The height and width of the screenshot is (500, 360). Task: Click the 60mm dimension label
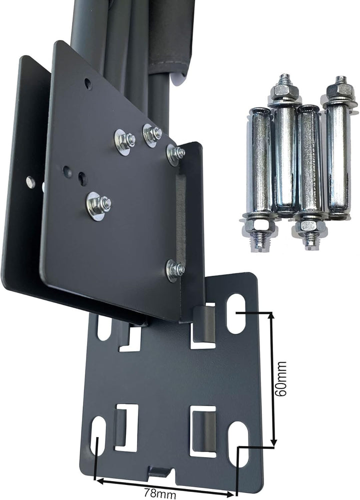click(280, 379)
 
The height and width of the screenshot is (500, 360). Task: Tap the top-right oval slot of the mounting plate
click(235, 314)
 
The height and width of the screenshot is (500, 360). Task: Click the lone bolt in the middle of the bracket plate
click(98, 204)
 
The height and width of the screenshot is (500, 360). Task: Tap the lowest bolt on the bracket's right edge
click(174, 270)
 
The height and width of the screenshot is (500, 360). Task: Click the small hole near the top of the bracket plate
click(88, 83)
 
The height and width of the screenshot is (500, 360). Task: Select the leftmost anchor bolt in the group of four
click(260, 179)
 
